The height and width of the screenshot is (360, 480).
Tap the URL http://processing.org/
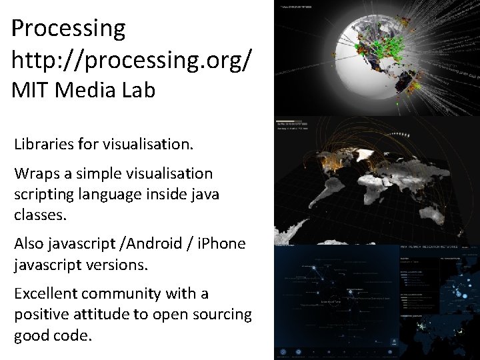[132, 60]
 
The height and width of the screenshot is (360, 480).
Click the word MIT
[31, 90]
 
